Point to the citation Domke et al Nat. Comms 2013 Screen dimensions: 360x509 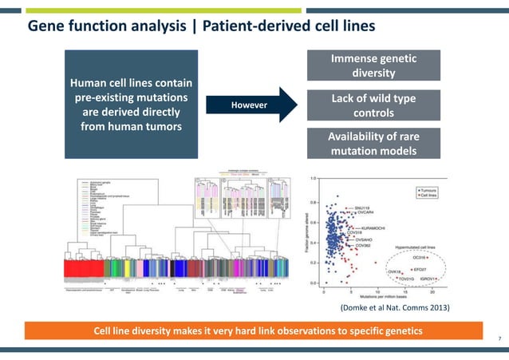click(396, 307)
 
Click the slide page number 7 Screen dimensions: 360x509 click(499, 340)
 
